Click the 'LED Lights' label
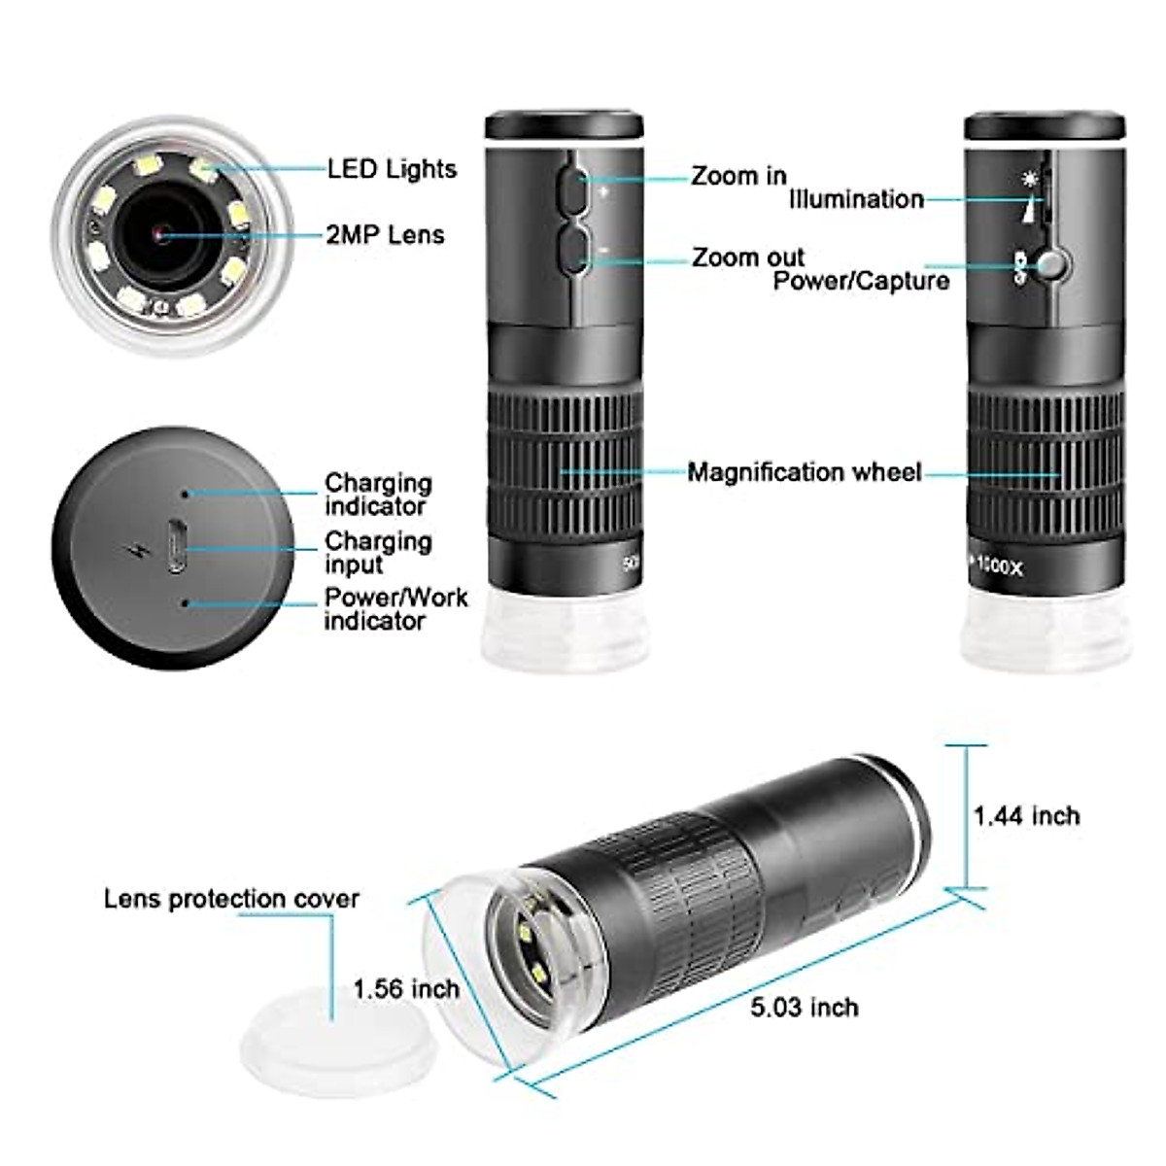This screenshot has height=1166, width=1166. (x=392, y=169)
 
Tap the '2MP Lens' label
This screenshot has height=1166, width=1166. (x=386, y=235)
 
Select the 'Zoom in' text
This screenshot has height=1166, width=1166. (x=738, y=176)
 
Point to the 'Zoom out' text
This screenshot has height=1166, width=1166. (x=748, y=257)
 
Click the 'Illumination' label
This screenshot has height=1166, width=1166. (x=856, y=199)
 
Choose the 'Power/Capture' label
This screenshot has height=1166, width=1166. (x=861, y=281)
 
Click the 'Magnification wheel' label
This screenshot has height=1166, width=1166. (x=804, y=472)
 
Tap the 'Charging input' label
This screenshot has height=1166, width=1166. (x=378, y=552)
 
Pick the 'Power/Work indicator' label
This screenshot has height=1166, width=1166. (x=395, y=608)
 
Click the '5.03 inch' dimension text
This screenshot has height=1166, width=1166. (x=805, y=1007)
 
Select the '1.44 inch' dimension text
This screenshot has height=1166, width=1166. (x=1026, y=815)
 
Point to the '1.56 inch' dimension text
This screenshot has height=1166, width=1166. (x=406, y=989)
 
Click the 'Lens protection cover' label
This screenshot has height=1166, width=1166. (x=231, y=899)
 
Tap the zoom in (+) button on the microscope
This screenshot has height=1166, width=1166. (x=572, y=189)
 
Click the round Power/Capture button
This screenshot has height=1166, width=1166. (x=1052, y=264)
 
